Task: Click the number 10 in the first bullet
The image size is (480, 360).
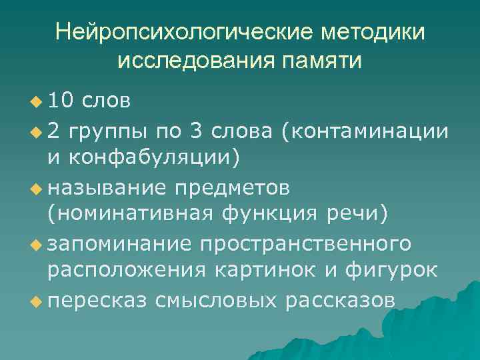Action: click(63, 101)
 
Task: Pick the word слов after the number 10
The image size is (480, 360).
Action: click(106, 101)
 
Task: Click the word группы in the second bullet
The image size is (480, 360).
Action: click(106, 130)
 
